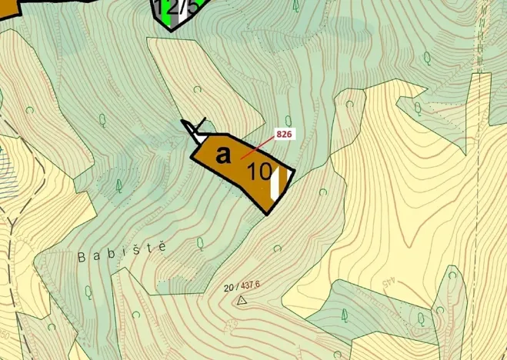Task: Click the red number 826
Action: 284,134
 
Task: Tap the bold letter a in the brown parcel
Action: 223,155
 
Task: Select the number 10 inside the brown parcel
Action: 260,172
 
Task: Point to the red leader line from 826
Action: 258,148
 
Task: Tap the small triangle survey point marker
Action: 242,300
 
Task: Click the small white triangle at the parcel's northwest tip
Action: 197,132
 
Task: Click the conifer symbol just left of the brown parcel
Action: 119,185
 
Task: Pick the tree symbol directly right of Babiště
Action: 200,244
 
